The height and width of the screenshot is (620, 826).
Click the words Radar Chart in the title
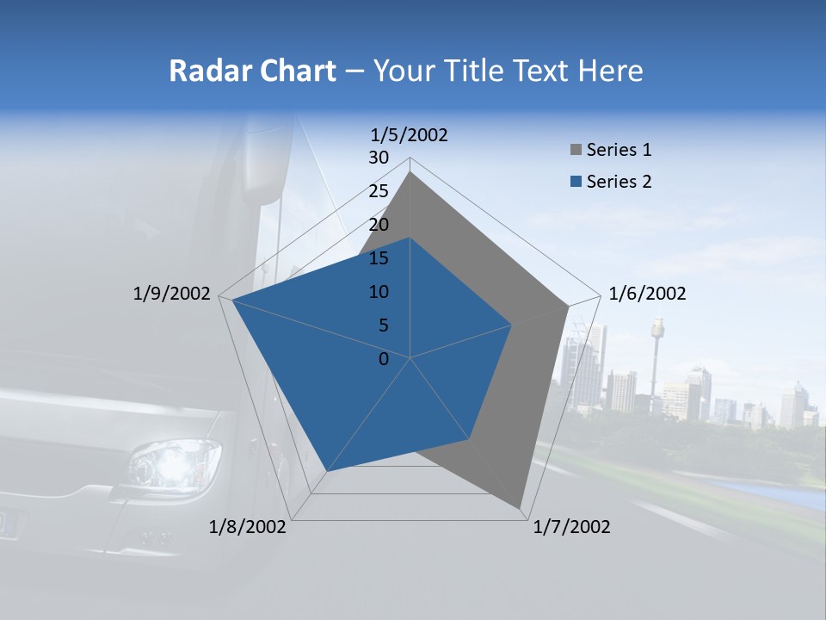coord(252,71)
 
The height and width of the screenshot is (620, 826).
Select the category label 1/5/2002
coord(410,134)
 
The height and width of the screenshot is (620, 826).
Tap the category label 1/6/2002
coord(647,294)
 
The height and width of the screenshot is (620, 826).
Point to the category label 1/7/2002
coord(572,527)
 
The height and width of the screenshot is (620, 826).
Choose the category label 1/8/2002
coord(248,527)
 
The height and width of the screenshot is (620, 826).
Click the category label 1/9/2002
coord(172,294)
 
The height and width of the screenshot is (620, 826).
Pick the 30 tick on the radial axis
coord(379,158)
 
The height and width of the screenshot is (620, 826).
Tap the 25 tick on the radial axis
coord(379,191)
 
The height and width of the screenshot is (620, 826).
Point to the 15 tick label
coord(379,258)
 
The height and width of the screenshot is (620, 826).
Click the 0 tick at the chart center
coord(384,359)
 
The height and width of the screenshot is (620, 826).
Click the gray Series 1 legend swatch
coord(576,151)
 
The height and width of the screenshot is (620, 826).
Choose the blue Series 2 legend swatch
coord(576,183)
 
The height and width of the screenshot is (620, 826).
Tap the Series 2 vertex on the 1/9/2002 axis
coord(232,301)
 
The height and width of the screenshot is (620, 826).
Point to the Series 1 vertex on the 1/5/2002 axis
coord(410,172)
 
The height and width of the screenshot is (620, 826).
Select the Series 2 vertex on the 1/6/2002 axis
coord(512,325)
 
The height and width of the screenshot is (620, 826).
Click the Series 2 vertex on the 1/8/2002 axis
coord(327,471)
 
